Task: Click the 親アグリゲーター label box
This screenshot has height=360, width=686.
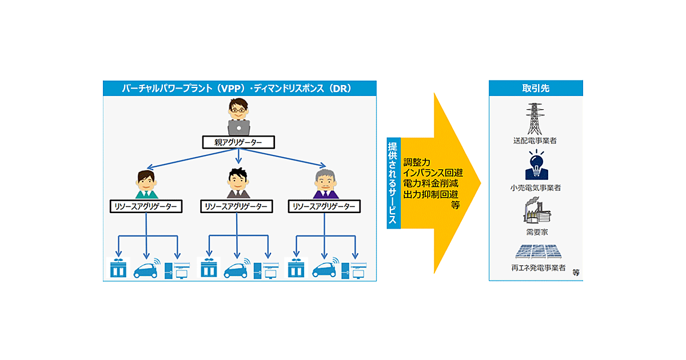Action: (x=239, y=142)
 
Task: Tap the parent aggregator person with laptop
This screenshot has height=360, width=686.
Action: (x=239, y=117)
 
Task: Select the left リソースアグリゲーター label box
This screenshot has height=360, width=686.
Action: (x=146, y=206)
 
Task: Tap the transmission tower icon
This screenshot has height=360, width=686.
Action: (x=535, y=118)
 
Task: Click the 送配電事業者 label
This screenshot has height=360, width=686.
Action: (x=535, y=140)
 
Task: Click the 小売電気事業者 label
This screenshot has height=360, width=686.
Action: (x=535, y=187)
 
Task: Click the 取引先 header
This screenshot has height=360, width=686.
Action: (x=536, y=88)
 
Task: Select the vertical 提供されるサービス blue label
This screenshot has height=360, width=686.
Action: (x=394, y=183)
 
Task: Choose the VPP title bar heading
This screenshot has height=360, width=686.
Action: (x=240, y=88)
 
